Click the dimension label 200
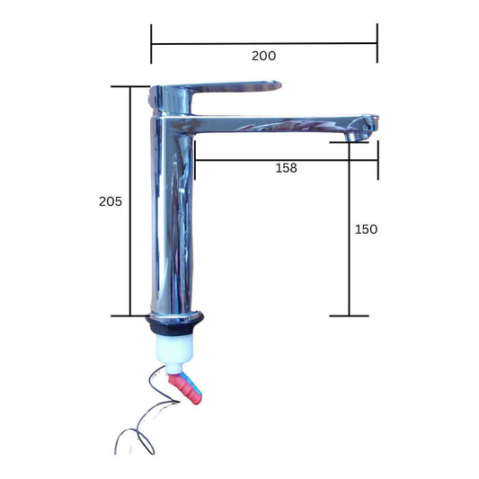coord(263,56)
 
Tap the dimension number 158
coord(286,168)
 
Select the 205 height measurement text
coord(111,201)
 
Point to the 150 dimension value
coord(366,229)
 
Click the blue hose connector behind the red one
coord(196,387)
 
